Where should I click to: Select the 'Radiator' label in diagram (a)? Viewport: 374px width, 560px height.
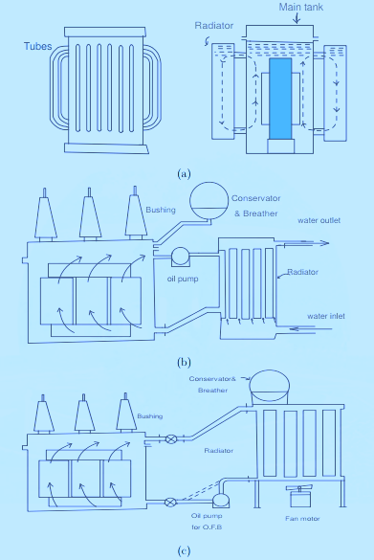[215, 27]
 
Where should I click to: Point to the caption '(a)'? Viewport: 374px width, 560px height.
[185, 173]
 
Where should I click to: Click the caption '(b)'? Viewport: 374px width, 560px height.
[185, 361]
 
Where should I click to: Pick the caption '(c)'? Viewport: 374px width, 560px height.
[185, 549]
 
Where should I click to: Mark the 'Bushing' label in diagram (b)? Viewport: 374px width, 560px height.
[160, 208]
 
